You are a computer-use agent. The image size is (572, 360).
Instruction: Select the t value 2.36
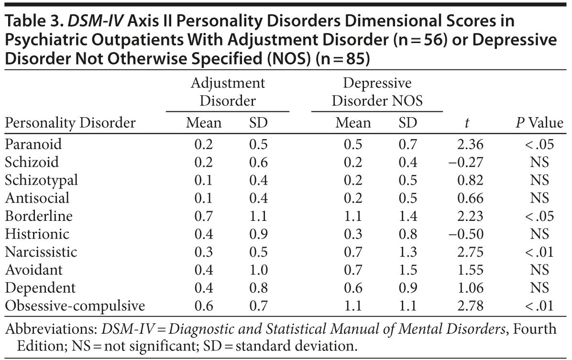pos(470,144)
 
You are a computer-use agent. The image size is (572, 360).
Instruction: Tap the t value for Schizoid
pos(466,162)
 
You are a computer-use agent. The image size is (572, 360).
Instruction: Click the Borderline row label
pos(39,216)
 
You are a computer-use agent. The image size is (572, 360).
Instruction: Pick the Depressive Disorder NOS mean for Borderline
pos(353,216)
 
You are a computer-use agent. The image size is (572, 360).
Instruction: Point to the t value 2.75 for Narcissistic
pos(470,252)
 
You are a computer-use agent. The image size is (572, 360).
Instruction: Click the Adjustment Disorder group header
pos(227,92)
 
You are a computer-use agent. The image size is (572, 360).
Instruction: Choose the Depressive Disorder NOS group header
pos(377,92)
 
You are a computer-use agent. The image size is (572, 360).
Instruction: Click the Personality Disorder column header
pos(70,123)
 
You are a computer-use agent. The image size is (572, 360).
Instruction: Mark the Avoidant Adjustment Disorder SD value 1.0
pos(258,270)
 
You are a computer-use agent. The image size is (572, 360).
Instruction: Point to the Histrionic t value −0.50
pos(466,234)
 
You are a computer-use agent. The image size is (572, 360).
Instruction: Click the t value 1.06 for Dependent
pos(470,288)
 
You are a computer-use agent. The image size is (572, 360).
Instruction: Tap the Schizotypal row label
pos(41,180)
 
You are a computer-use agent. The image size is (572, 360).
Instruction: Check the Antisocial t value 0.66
pos(470,198)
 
